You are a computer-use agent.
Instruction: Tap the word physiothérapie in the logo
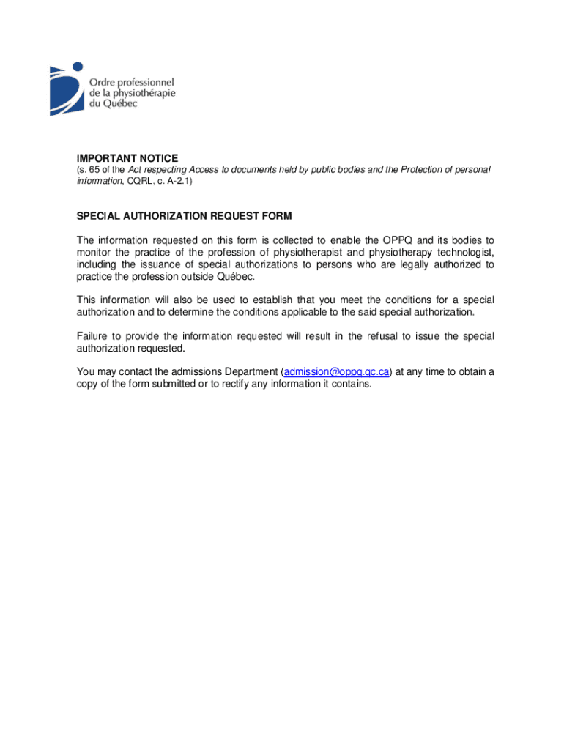click(x=144, y=93)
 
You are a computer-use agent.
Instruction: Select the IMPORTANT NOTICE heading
click(x=127, y=158)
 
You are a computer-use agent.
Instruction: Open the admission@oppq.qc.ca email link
click(x=336, y=372)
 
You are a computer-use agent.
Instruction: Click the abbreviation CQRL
click(x=140, y=180)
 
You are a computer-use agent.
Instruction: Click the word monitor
click(x=95, y=253)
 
